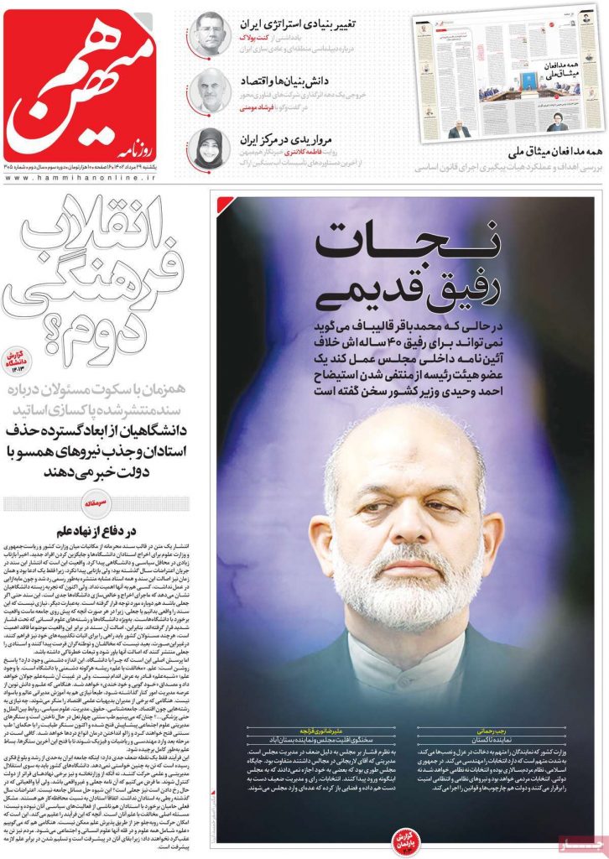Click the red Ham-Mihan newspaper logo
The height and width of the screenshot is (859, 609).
[x=91, y=84]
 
